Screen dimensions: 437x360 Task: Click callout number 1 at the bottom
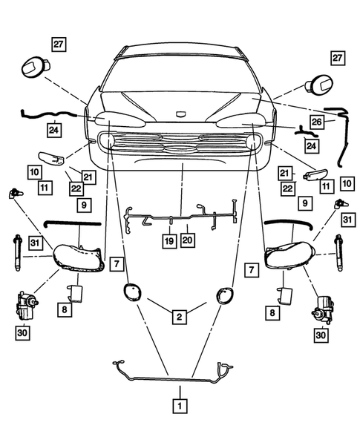click(x=178, y=406)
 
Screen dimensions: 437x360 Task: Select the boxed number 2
click(x=178, y=317)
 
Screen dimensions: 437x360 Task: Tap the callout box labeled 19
click(x=169, y=240)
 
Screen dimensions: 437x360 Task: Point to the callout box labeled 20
click(x=187, y=240)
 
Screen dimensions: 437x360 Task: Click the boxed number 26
click(x=315, y=122)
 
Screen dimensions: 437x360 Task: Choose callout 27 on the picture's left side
click(x=59, y=44)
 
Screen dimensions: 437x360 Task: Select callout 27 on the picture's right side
click(x=338, y=58)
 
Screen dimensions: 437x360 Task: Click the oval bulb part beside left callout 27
click(x=33, y=67)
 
